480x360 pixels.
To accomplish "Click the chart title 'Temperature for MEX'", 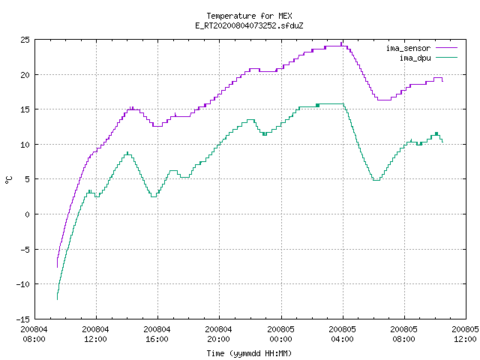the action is click(249, 16).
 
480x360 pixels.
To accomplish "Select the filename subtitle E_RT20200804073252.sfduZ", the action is click(249, 25).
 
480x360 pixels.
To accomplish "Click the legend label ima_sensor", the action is click(408, 48).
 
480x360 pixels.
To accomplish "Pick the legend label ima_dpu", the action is click(415, 58).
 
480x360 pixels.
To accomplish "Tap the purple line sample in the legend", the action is click(447, 48).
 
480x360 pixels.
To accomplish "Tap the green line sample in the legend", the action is click(447, 57).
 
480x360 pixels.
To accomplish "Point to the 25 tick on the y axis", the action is click(25, 40).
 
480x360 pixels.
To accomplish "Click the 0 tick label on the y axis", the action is click(28, 214).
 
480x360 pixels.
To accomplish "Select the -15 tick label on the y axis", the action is click(23, 319).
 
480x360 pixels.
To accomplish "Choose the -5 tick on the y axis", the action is click(25, 250).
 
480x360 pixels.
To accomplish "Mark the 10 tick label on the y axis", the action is click(25, 145).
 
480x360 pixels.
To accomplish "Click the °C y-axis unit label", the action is click(9, 180).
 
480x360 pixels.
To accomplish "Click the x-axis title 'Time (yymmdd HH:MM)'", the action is click(249, 353).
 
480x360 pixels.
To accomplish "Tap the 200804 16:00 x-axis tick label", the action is click(157, 334).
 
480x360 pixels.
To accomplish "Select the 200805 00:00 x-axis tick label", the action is click(280, 334).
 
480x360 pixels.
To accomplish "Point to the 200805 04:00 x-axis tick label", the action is click(342, 334).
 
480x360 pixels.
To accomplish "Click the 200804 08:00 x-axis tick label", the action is click(34, 334).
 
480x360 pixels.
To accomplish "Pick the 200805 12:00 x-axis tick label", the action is click(465, 334).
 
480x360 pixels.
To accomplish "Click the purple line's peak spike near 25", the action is click(341, 43).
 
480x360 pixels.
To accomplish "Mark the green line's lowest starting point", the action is click(57, 299).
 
